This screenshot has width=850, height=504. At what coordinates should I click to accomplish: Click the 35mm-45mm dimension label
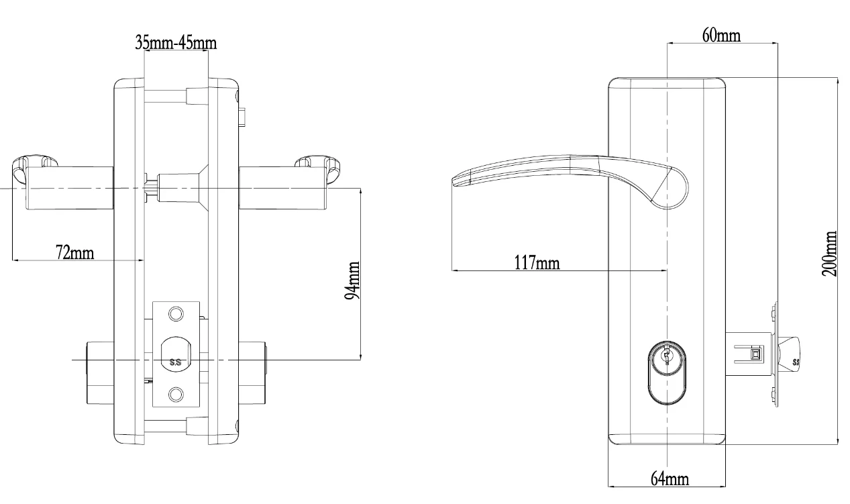(x=176, y=44)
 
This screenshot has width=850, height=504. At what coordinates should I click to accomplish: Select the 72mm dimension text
(x=74, y=252)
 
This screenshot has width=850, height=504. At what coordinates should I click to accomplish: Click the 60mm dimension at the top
(x=721, y=36)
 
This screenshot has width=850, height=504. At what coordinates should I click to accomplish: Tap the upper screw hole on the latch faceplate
(x=176, y=313)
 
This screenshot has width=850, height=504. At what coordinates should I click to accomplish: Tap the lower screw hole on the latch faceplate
(x=176, y=393)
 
